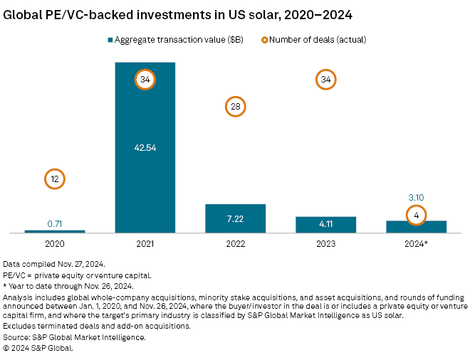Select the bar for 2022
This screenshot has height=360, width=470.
(236, 218)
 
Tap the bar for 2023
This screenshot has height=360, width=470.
(326, 224)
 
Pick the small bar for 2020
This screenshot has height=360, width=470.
(55, 231)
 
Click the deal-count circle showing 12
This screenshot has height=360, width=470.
(55, 179)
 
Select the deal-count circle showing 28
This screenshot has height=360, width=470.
(236, 107)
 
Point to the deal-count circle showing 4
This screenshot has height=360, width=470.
(417, 214)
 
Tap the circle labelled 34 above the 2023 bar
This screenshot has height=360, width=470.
(326, 80)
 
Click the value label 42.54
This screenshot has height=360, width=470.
(145, 148)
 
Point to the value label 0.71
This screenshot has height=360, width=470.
(55, 223)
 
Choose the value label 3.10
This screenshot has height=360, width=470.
(417, 196)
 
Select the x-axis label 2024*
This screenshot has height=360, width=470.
(417, 243)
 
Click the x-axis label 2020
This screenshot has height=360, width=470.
(55, 243)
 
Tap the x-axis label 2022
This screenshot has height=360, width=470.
(236, 243)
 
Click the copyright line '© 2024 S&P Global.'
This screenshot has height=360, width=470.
(38, 348)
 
